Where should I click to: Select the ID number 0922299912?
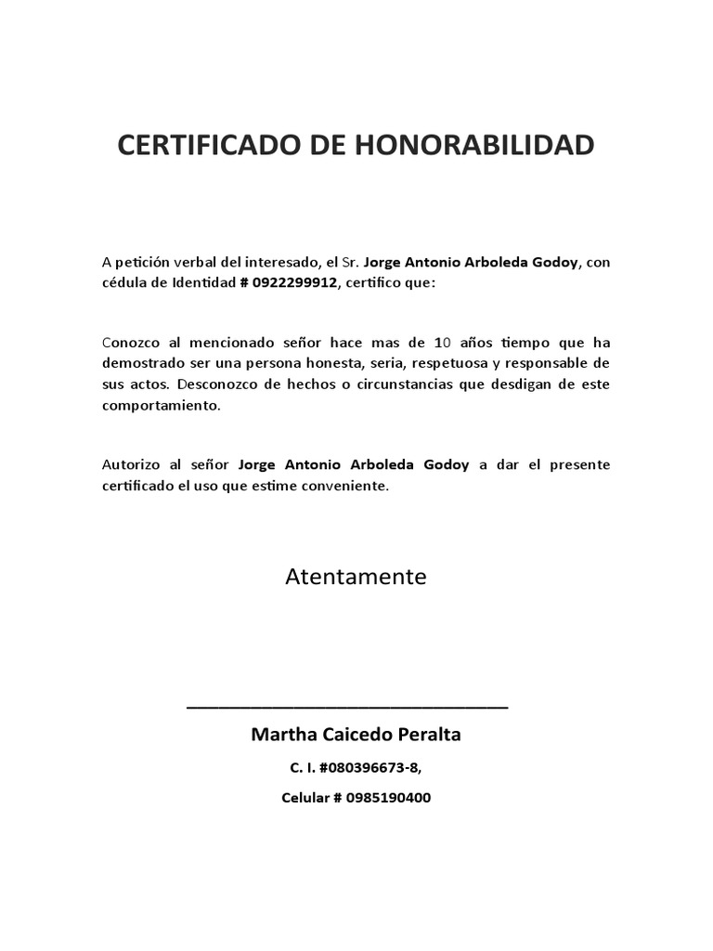(x=293, y=282)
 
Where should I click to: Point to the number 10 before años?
(x=443, y=342)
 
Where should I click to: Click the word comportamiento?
(x=161, y=405)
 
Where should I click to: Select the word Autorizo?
(x=130, y=464)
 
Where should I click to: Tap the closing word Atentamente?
(x=356, y=577)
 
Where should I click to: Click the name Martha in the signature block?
(x=283, y=735)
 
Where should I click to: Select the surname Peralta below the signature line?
(x=428, y=735)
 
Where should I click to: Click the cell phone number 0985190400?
(x=390, y=798)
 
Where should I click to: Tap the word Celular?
(x=306, y=798)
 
